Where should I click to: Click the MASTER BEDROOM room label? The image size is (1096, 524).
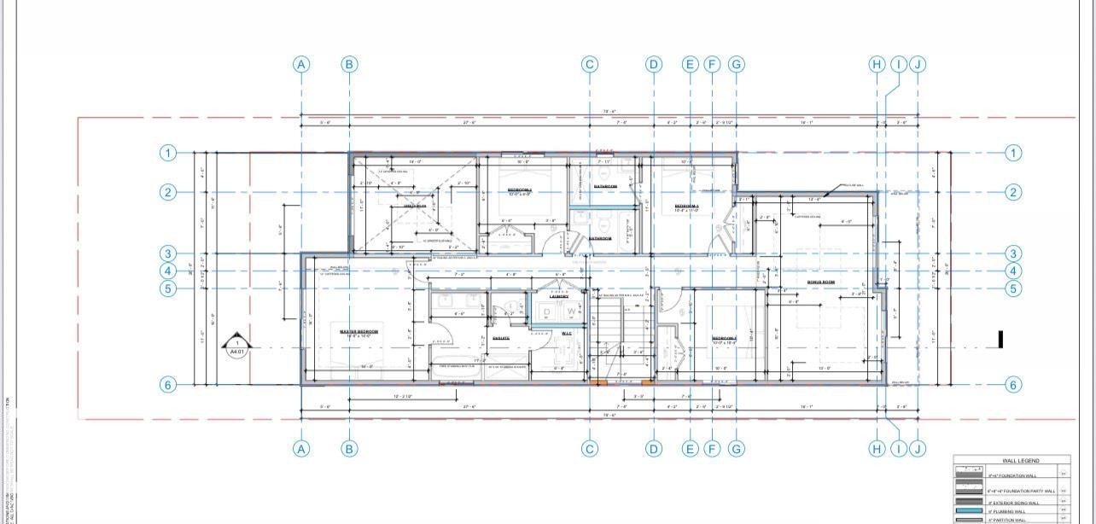(x=359, y=331)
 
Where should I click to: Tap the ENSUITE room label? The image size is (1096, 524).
(x=501, y=338)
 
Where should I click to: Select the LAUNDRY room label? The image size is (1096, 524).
(x=559, y=296)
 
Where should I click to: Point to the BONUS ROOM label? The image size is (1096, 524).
(x=820, y=282)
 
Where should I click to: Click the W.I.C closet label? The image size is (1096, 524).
(x=567, y=333)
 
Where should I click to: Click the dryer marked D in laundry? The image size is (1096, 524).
(x=547, y=312)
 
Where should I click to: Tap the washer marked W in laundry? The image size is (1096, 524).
(x=571, y=312)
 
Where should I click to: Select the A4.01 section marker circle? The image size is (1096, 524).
(x=237, y=346)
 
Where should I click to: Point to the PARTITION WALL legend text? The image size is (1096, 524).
(x=1014, y=520)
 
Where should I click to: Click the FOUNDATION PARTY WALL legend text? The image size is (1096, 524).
(x=1021, y=491)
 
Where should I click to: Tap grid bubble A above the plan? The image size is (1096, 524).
(x=301, y=64)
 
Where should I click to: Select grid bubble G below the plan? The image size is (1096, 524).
(x=737, y=448)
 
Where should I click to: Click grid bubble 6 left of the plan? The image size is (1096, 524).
(x=168, y=385)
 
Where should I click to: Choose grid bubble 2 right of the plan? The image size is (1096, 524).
(x=1012, y=192)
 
